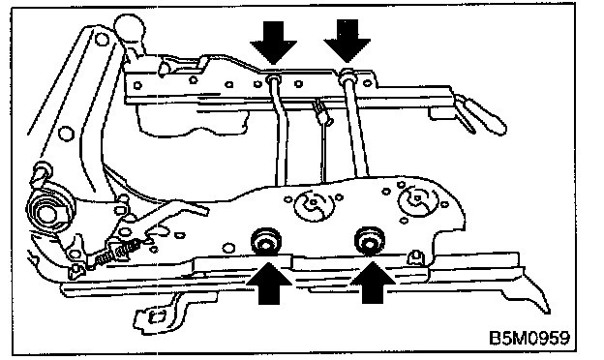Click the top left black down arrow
point(274,43)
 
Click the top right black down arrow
point(347,41)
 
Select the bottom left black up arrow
point(268,283)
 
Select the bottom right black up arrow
point(373,283)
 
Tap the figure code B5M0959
point(528,338)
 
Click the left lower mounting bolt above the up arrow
point(265,241)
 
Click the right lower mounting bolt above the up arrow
point(370,240)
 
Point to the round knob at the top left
point(130,28)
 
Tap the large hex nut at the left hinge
point(45,212)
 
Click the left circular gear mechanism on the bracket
point(313,205)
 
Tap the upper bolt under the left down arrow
point(273,79)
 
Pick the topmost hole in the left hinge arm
point(102,39)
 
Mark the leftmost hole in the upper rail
point(137,85)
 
